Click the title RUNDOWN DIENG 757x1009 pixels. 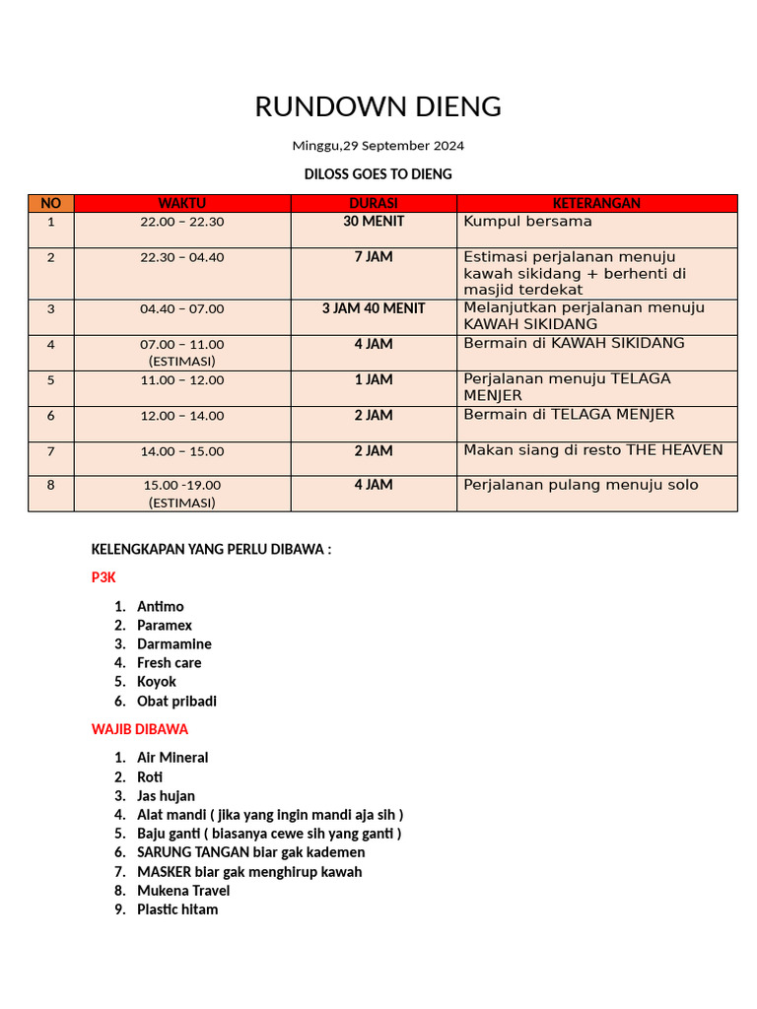tap(378, 106)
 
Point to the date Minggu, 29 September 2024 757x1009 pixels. tap(378, 146)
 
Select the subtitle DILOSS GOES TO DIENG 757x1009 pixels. tap(378, 174)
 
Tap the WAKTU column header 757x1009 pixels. tap(182, 204)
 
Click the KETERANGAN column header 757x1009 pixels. tap(596, 204)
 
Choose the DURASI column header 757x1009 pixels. tap(374, 204)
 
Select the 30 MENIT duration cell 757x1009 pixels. tap(374, 222)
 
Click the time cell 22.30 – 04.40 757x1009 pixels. tap(182, 257)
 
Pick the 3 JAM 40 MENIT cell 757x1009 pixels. tap(374, 308)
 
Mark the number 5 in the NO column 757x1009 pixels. tap(51, 379)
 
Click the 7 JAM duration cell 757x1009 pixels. tap(374, 257)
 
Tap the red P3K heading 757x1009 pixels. tap(103, 578)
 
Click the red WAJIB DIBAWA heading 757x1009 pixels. tap(139, 730)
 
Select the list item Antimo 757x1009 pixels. tap(160, 607)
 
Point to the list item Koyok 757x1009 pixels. tap(156, 682)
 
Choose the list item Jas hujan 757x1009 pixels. tap(166, 796)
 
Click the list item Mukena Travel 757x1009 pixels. tap(183, 891)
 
